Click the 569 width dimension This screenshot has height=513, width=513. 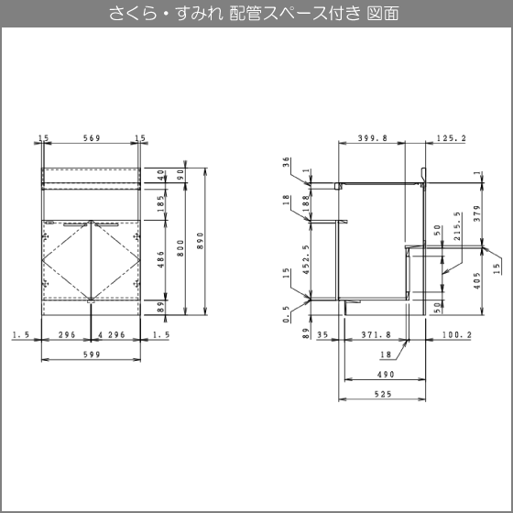coord(92,138)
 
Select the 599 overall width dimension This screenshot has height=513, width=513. coord(92,355)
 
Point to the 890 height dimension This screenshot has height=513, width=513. coord(201,241)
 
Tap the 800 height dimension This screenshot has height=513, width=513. coord(180,248)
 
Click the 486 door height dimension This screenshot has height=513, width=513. coord(160,259)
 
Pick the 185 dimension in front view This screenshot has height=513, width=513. coord(160,203)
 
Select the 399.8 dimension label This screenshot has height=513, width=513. coord(372,138)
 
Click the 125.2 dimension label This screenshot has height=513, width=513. coord(451,138)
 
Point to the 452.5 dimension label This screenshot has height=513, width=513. coord(306,259)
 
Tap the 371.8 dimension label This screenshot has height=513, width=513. coord(377,334)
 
